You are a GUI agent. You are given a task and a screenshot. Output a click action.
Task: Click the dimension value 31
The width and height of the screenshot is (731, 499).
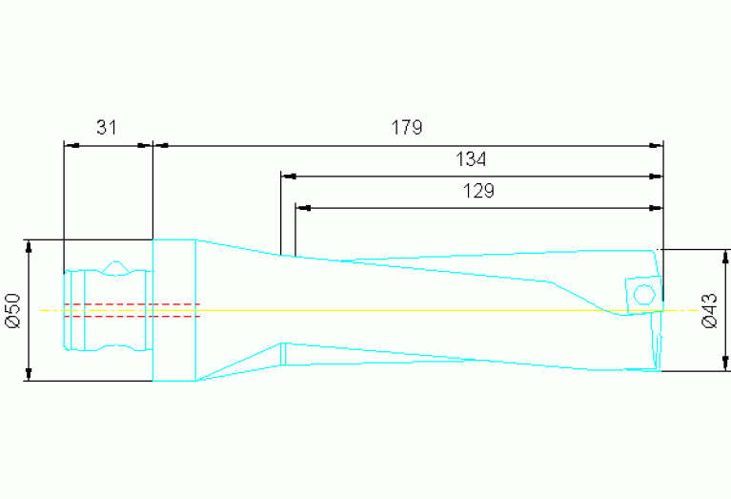tap(107, 127)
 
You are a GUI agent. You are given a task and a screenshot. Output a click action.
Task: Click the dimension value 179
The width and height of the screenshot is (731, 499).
tap(407, 127)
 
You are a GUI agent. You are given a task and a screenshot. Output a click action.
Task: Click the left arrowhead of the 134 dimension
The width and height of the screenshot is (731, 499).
tap(288, 176)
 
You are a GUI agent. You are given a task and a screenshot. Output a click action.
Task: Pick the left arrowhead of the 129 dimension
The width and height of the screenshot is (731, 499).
tap(302, 207)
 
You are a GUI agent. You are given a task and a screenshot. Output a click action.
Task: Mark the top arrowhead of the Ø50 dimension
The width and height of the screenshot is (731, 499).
tap(30, 246)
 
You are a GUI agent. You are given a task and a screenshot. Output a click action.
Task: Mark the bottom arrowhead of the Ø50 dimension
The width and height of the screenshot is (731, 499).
tap(30, 374)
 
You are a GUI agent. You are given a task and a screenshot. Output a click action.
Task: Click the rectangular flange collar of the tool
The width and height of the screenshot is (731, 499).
tap(174, 310)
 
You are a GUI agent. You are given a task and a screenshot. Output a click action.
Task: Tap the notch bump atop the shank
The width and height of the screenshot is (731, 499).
tap(116, 267)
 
